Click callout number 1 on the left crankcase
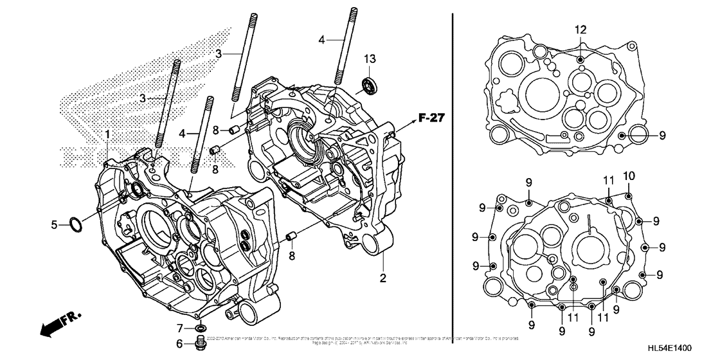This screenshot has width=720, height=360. [x=108, y=134]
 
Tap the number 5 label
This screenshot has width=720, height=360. [x=55, y=224]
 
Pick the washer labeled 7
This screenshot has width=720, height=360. [x=201, y=328]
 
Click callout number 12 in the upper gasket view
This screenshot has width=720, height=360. [x=580, y=30]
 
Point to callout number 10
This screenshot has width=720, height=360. [x=629, y=175]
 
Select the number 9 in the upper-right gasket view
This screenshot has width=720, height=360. [x=661, y=135]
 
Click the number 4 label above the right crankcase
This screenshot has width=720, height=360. [x=321, y=40]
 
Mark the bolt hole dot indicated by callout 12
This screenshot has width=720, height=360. [x=580, y=59]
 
